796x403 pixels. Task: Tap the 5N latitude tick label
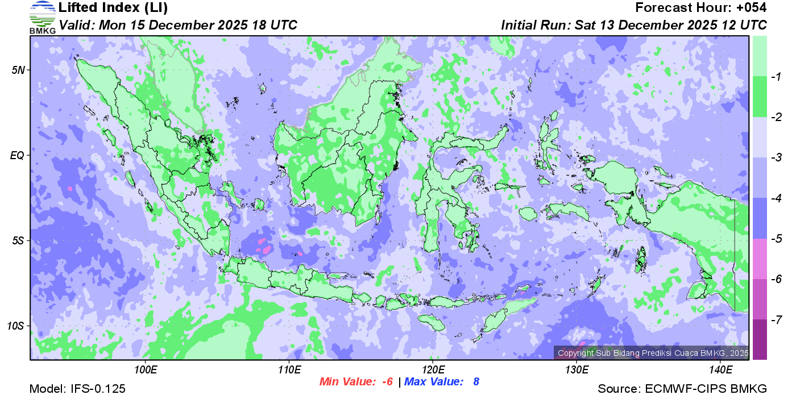pos(18,70)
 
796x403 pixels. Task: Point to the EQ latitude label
pos(18,155)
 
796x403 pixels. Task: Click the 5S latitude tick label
pos(18,241)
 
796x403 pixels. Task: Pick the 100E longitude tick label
pos(146,370)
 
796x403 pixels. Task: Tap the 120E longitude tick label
pos(433,370)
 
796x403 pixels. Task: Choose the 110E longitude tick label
pos(289,370)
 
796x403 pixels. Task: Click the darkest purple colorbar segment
pos(760,339)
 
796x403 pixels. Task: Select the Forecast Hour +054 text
pos(700,8)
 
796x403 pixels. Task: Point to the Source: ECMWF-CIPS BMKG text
pos(682,389)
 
